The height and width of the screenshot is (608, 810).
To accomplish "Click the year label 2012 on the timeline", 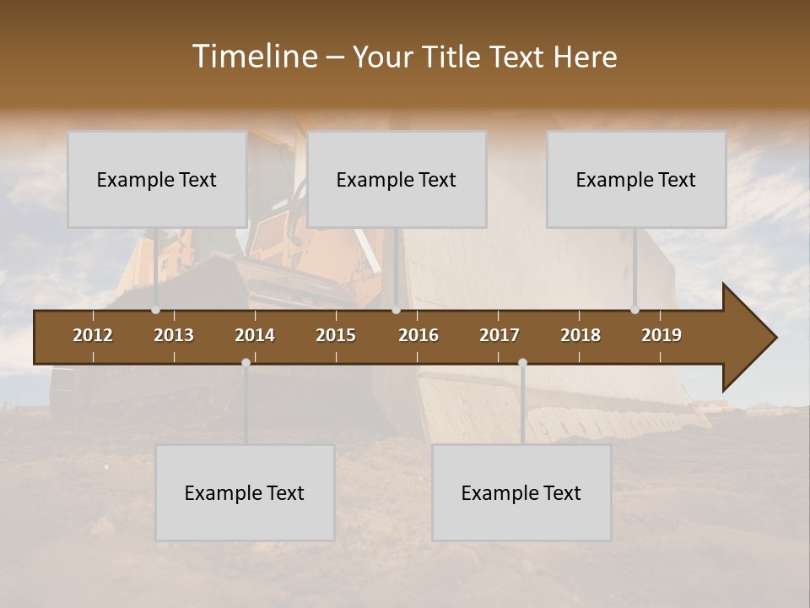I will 93,335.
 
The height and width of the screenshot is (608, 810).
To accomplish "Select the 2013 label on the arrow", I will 174,335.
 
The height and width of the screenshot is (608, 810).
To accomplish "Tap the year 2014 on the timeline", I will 255,335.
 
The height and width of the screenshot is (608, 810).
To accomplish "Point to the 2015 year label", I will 336,335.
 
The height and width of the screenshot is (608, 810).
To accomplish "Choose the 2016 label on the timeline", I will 418,335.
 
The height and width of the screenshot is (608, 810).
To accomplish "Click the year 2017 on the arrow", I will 499,335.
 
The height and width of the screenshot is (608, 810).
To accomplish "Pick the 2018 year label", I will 580,335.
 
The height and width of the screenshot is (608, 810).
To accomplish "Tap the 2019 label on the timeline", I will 661,335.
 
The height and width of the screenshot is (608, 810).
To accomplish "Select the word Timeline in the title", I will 254,57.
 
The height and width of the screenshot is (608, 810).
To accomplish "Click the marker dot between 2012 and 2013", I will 155,310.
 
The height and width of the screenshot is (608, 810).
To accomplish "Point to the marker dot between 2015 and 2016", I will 396,310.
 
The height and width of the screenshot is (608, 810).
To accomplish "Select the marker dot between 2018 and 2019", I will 634,310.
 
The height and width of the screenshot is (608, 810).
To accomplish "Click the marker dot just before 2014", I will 246,363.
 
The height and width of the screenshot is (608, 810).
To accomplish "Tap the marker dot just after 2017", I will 522,363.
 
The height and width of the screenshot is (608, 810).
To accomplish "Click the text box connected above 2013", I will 157,179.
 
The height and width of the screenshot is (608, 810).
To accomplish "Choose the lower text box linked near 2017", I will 521,492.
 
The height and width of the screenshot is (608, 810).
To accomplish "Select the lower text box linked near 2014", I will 245,492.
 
